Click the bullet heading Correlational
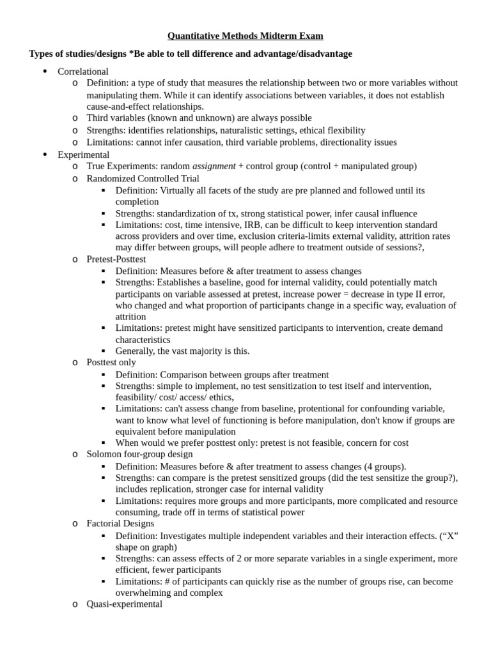83,72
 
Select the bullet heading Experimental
84,155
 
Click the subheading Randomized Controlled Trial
143,178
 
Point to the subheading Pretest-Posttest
116,259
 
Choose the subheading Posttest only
111,362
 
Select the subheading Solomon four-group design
139,454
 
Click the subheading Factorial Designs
120,523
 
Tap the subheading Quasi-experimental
125,604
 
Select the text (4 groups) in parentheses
384,466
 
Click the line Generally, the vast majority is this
182,351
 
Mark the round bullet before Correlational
45,72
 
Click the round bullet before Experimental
45,155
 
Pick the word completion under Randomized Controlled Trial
137,202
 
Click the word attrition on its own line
130,316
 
